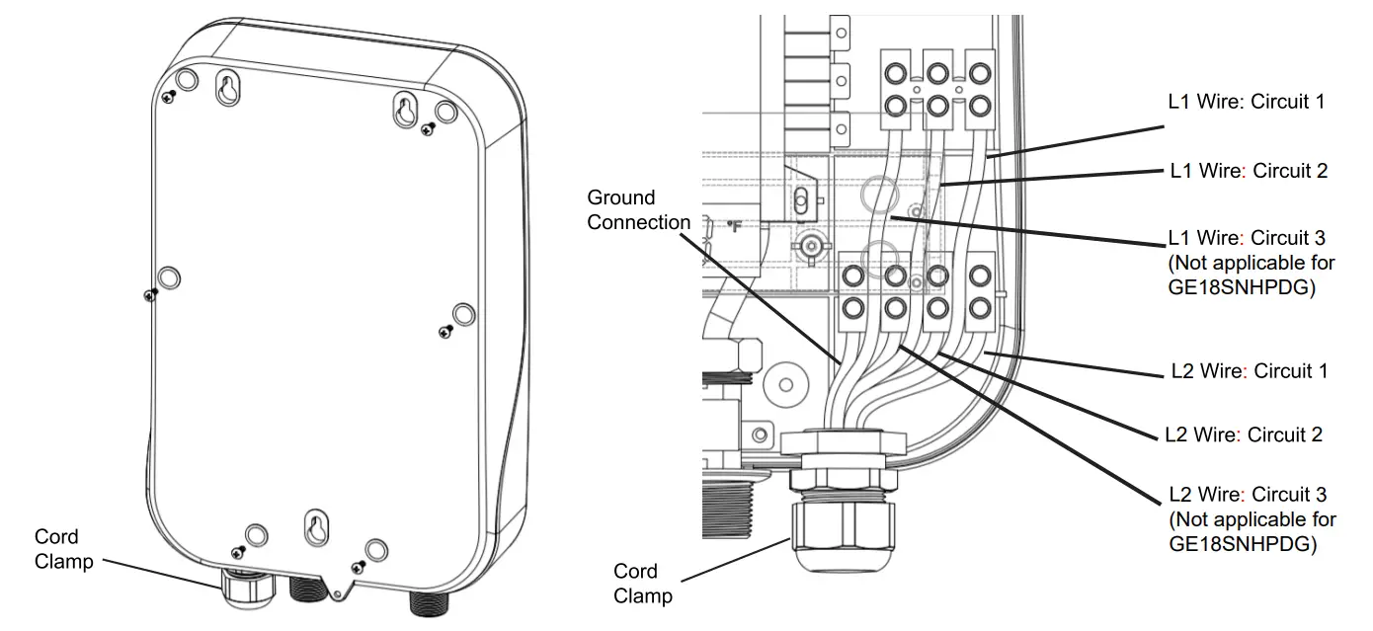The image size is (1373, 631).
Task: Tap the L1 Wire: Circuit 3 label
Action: (x=1247, y=238)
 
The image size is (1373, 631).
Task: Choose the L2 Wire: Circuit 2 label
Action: (x=1244, y=434)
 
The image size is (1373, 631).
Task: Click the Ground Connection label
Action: (x=638, y=210)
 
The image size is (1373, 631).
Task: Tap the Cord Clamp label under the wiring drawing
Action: (x=642, y=584)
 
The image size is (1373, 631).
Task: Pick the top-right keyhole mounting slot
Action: (x=405, y=110)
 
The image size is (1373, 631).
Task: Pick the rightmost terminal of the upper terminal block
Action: (x=980, y=89)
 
